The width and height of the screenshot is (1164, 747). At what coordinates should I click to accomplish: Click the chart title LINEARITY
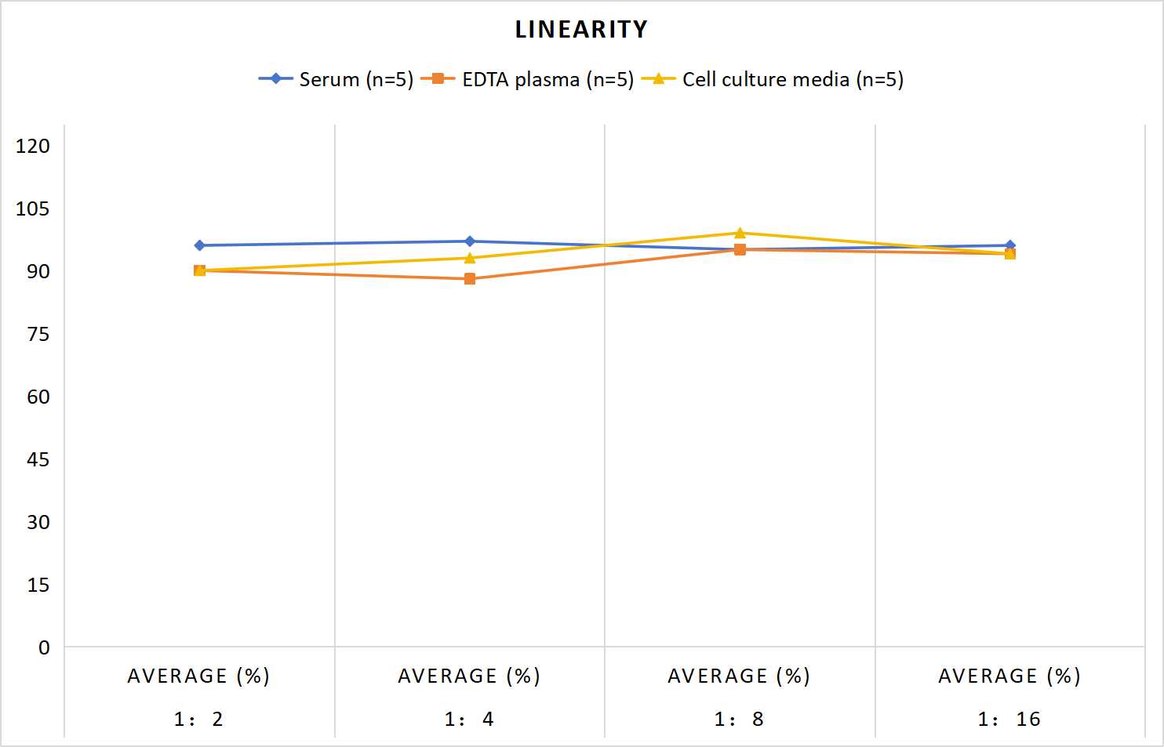pos(581,29)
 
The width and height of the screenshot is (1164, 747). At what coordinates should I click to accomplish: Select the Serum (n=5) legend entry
pos(336,79)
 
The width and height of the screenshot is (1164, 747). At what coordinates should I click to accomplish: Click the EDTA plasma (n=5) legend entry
pos(527,79)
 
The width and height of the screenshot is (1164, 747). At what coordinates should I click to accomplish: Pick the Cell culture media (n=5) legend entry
pos(773,79)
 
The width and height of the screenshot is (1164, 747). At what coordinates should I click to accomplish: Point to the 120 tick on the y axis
pos(33,146)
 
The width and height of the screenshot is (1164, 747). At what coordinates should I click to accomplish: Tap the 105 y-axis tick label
pos(33,209)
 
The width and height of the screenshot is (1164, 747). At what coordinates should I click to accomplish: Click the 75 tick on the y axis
pos(38,334)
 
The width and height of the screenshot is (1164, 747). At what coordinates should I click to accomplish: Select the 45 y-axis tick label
pos(38,460)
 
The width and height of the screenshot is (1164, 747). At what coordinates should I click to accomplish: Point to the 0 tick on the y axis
pos(44,647)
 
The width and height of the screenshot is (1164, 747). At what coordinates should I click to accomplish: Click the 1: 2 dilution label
pos(198,719)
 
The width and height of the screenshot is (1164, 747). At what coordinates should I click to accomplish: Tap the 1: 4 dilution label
pos(469,719)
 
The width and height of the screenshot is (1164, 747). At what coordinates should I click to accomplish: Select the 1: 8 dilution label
pos(739,719)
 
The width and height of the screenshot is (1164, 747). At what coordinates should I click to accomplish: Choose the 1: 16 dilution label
pos(1009,719)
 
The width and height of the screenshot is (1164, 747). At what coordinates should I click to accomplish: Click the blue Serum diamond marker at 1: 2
pos(199,245)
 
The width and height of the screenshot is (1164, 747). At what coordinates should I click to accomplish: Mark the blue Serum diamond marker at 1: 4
pos(470,241)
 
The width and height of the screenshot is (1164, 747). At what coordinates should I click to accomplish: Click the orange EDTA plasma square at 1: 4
pos(470,279)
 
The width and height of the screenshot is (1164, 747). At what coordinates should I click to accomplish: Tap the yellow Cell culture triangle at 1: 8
pos(740,233)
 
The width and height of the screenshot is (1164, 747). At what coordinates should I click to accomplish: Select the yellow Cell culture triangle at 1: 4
pos(470,258)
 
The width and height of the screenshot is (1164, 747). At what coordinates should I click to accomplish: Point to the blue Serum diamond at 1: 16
pos(1010,245)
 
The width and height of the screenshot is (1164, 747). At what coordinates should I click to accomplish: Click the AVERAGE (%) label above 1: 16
pos(1009,676)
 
